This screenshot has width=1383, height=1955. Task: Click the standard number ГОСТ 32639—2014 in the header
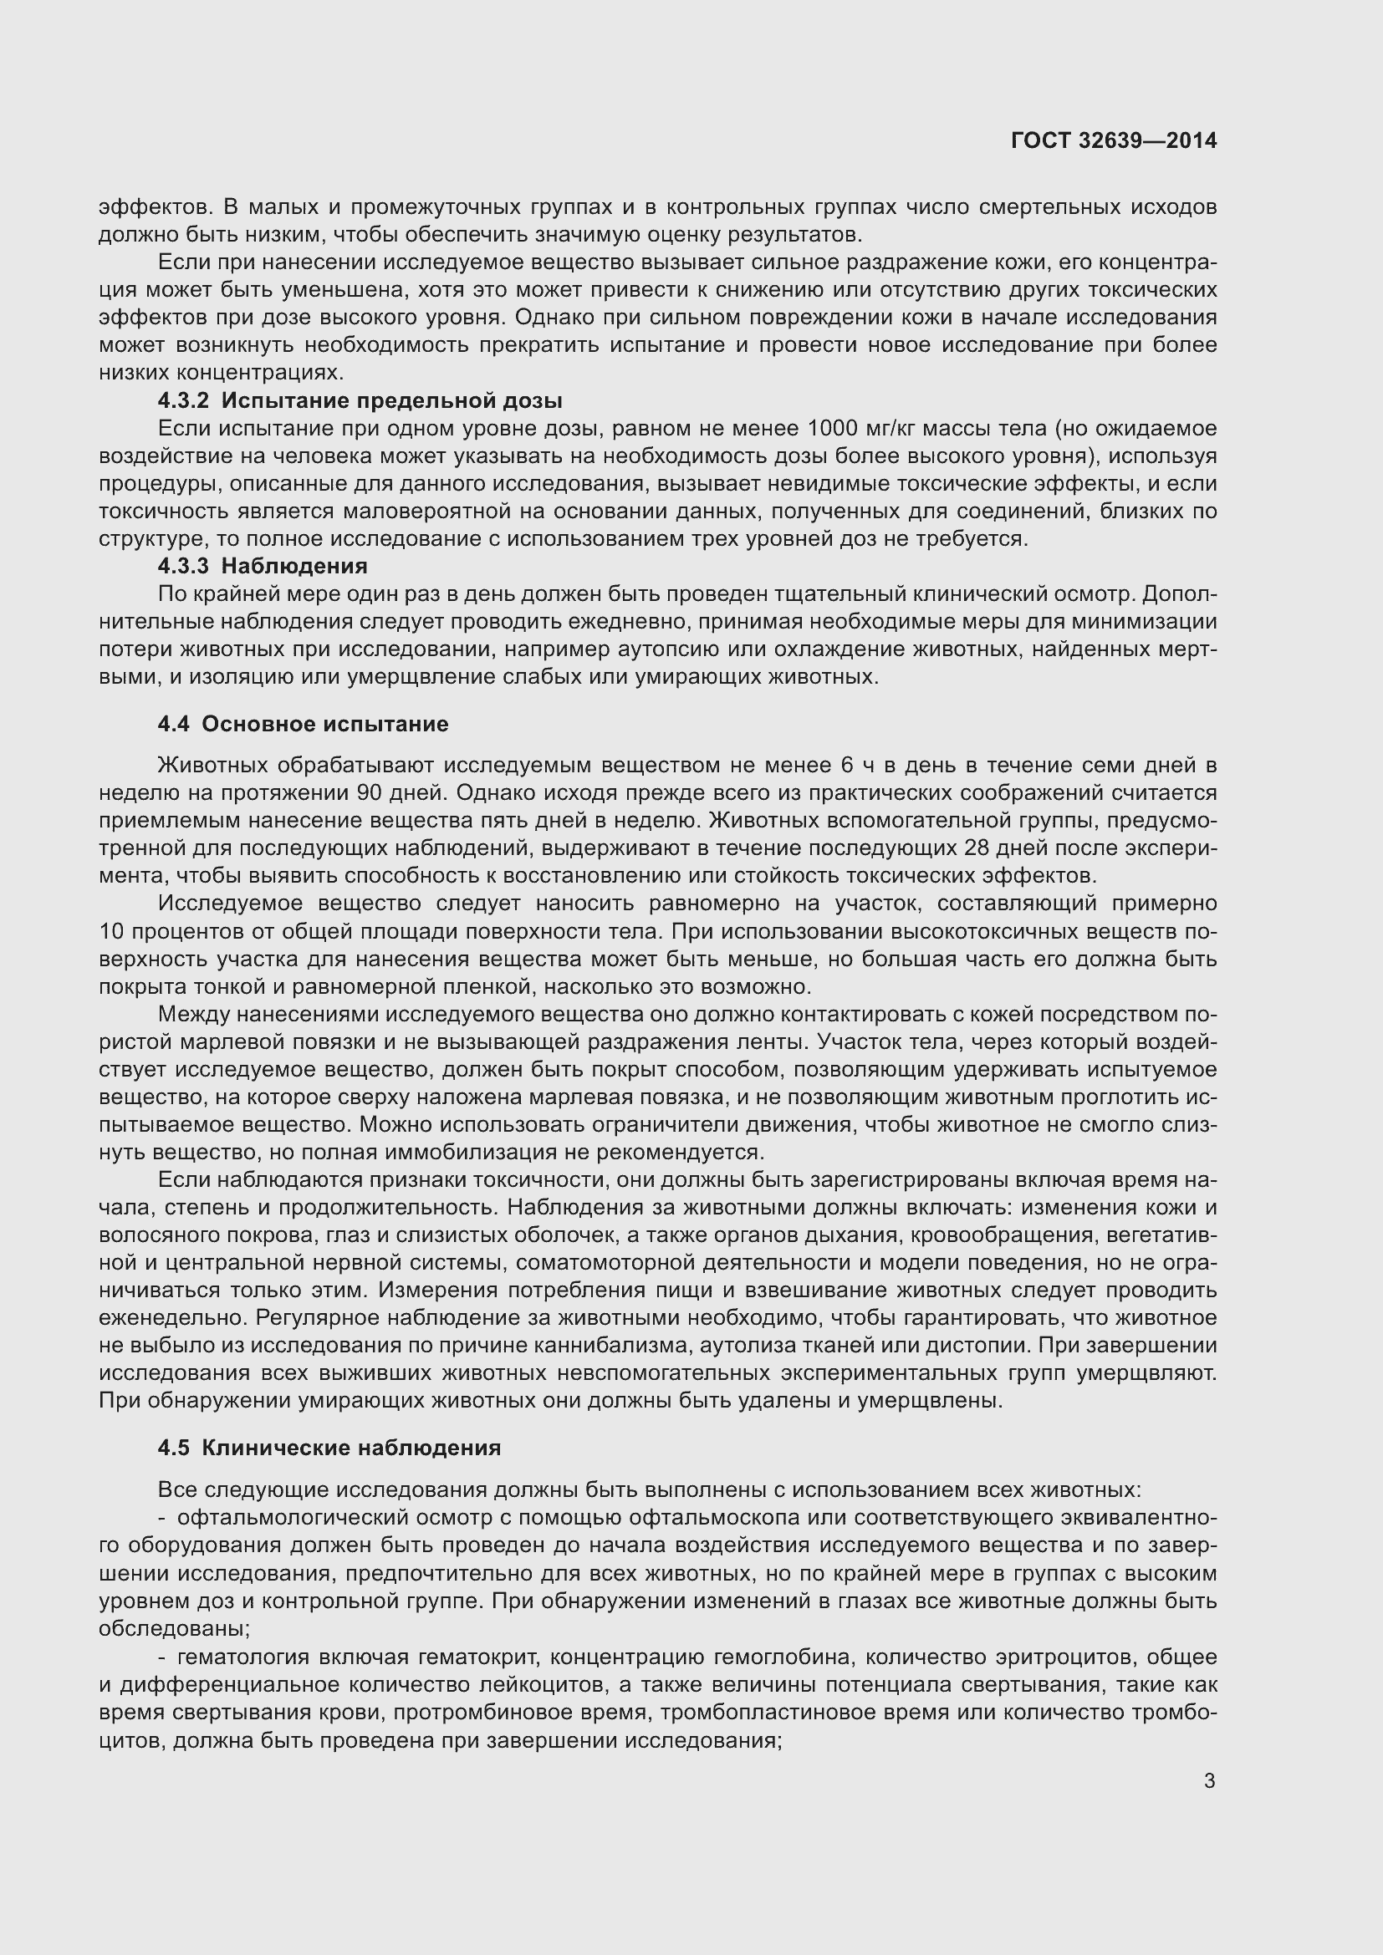click(1113, 140)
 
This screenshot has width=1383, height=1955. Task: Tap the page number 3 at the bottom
click(1209, 1781)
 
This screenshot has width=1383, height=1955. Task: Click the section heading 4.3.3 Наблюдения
click(263, 566)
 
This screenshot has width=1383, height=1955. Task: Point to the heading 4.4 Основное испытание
click(303, 724)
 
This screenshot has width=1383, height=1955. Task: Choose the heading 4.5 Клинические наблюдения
click(329, 1448)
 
